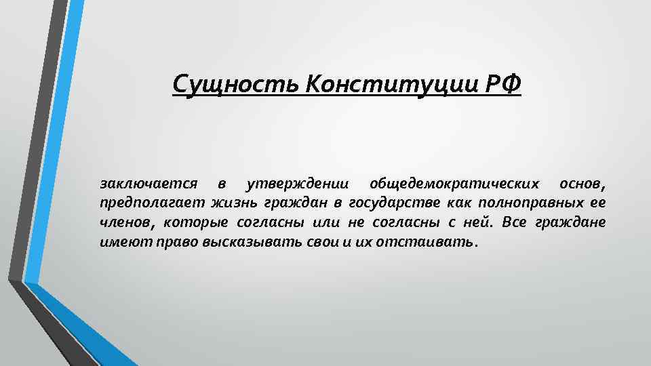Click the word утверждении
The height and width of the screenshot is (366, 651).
tap(299, 184)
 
